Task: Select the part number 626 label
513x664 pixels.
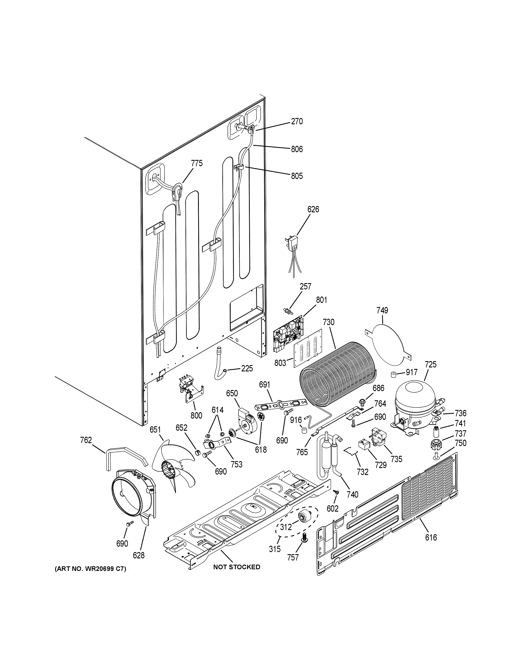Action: [x=313, y=209]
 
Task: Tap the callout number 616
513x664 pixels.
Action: [x=431, y=538]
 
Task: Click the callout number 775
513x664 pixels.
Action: [x=197, y=163]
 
